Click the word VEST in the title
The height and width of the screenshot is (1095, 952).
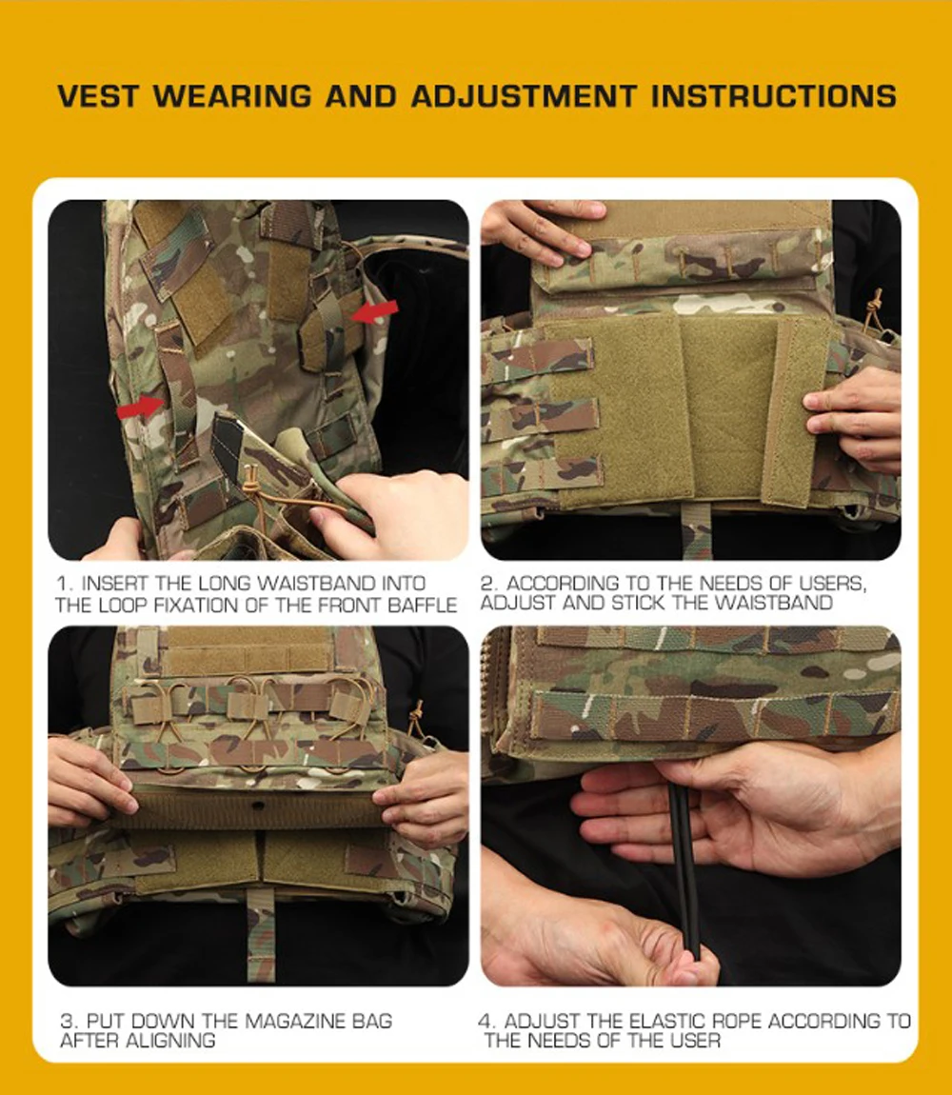[98, 96]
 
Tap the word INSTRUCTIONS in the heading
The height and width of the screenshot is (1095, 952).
[773, 96]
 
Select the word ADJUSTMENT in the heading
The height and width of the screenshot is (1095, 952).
[524, 96]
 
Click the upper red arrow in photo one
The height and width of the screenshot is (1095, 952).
[374, 311]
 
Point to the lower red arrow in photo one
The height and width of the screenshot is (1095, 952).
[140, 407]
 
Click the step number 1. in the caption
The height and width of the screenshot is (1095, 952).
[65, 584]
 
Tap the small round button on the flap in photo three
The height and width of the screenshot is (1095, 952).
[259, 806]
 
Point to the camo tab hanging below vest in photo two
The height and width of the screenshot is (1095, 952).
[696, 530]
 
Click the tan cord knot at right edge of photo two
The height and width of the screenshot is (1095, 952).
[872, 308]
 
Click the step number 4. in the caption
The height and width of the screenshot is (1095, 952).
[487, 1021]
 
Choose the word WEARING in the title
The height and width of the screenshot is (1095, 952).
[232, 96]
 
